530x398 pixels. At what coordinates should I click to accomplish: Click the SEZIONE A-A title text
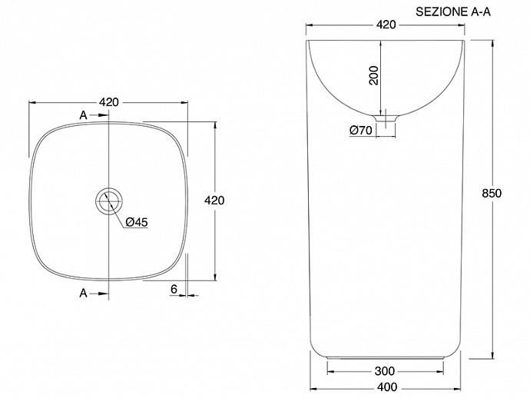click(453, 12)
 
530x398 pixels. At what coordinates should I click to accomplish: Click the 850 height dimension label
click(492, 194)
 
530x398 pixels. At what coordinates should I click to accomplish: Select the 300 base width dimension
click(385, 371)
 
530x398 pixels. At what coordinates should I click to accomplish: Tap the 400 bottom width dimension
click(387, 386)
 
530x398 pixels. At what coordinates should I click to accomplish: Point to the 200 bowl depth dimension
click(374, 75)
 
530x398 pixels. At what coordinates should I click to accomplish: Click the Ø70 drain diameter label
click(361, 130)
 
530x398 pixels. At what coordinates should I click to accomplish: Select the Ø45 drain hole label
click(137, 222)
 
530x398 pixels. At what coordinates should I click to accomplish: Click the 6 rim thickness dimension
click(174, 289)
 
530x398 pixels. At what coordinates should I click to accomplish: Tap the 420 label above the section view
click(386, 25)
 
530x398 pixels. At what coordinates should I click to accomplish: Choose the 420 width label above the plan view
click(109, 102)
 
